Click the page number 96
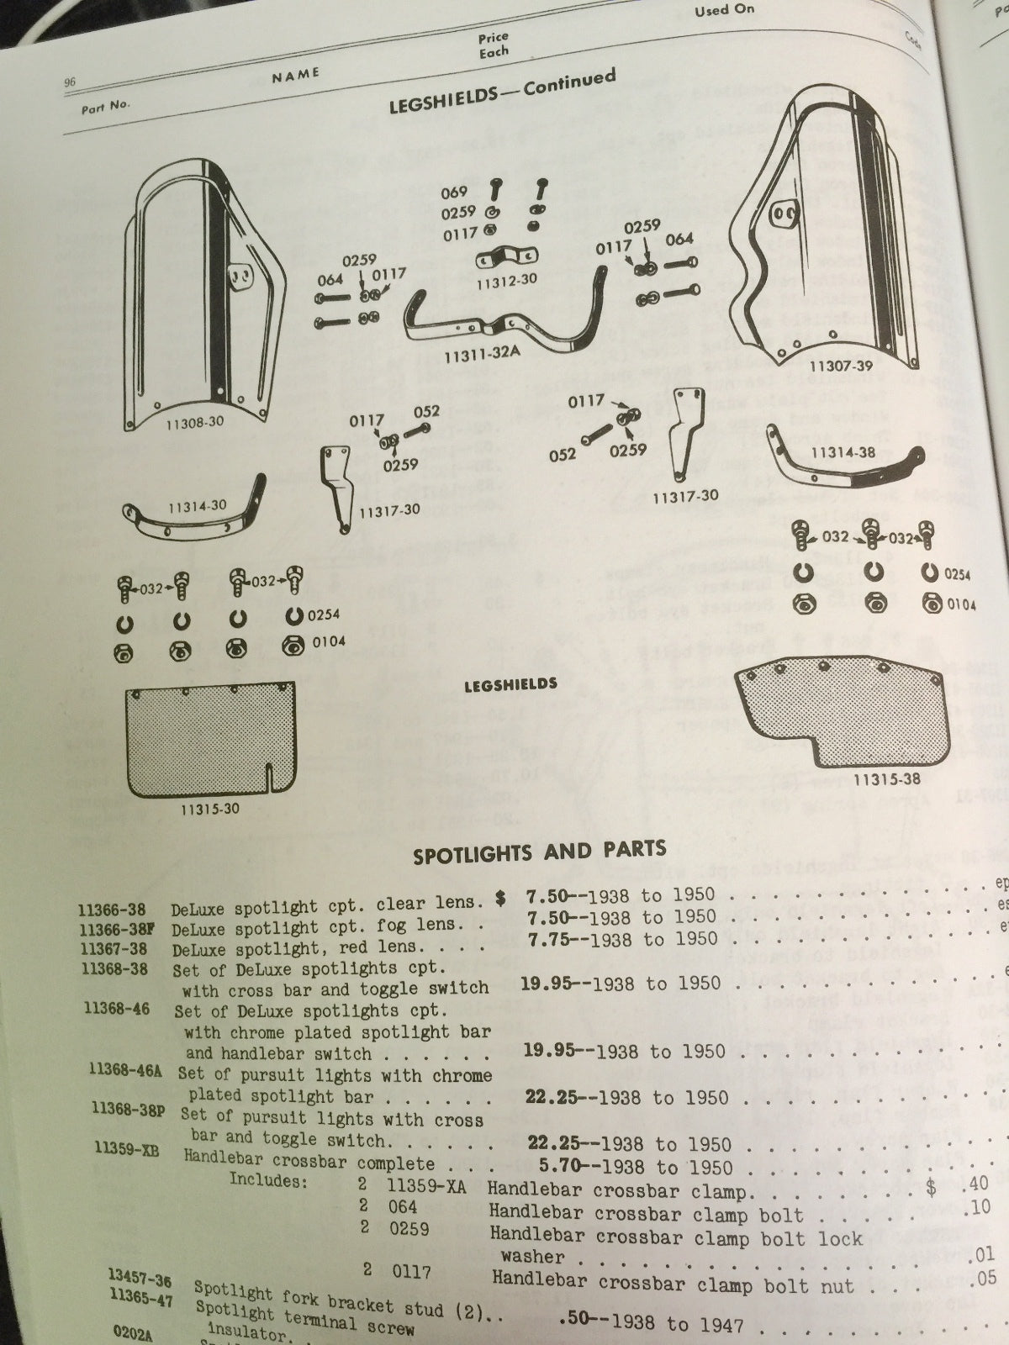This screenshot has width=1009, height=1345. pos(70,82)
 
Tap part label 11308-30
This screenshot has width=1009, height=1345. pos(194,422)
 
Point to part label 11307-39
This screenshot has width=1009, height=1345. pos(841,367)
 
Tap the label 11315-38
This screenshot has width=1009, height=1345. pos(886,779)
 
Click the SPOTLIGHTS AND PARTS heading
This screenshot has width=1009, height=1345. pos(539,852)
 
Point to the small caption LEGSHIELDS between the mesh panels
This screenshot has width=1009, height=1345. pos(510,684)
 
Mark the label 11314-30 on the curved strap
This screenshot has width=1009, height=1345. pos(197,506)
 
